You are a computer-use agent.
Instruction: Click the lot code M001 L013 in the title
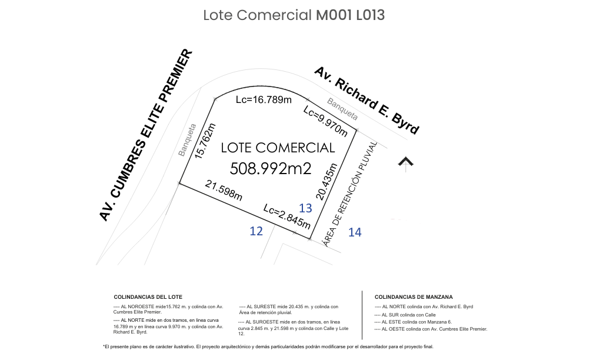coord(350,15)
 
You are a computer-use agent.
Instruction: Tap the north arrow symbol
coord(406,164)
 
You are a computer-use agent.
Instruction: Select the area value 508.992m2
coord(271,168)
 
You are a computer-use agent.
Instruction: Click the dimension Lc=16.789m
coord(264,99)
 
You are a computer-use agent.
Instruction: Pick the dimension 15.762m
coord(205,141)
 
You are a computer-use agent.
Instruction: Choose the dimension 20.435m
coord(326,182)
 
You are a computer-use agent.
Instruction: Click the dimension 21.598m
coord(224,190)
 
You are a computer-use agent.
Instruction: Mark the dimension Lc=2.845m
coord(287,216)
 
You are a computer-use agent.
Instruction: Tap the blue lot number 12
coord(256,231)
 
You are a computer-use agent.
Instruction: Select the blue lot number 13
coord(305,208)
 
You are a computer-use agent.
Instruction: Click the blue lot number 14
coord(355,232)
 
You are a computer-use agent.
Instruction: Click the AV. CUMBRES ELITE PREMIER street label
coord(146,135)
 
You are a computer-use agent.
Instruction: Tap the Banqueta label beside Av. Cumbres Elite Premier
coord(187,140)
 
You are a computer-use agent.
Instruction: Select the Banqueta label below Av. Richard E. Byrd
coord(342,109)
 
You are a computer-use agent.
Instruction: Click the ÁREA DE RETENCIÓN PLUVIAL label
coord(350,194)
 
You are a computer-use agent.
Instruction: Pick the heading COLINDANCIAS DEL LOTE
coord(148,297)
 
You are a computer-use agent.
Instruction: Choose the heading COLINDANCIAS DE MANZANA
coord(414,297)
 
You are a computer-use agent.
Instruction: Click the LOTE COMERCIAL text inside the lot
coord(278,148)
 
